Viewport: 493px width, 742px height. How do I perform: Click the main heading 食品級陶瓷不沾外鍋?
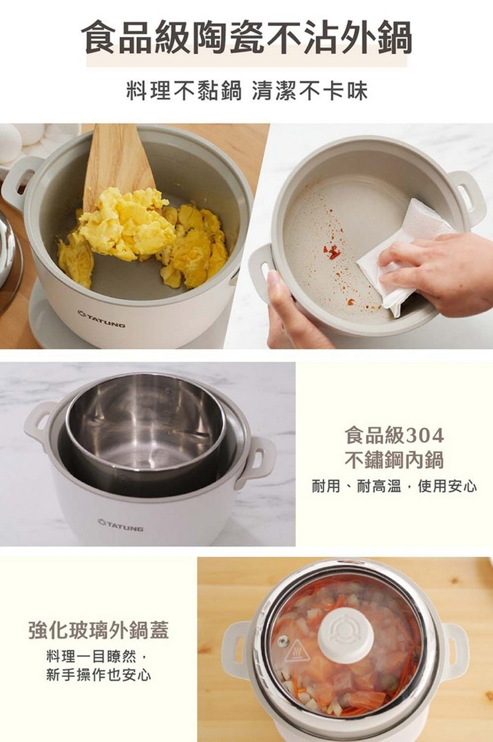tap(247, 38)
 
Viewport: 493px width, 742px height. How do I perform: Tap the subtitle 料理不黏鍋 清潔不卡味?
tap(247, 90)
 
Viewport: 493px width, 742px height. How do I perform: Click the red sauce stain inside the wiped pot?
tap(333, 252)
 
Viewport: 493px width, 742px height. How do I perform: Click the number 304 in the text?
tap(425, 435)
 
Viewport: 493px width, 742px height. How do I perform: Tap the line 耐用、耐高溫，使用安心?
tap(394, 486)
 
